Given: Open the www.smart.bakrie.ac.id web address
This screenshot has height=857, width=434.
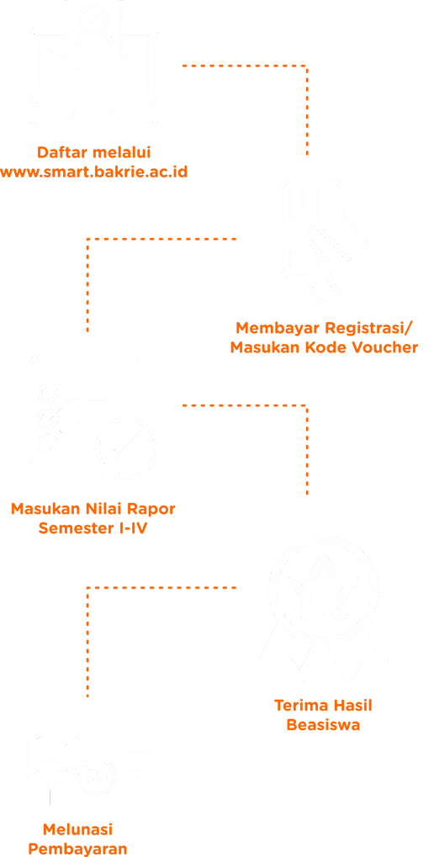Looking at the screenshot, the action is tap(93, 172).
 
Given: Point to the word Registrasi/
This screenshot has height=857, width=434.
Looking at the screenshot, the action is tap(369, 328).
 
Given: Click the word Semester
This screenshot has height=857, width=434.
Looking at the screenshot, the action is tap(77, 529).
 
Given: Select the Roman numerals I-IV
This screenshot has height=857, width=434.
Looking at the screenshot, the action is tap(135, 529).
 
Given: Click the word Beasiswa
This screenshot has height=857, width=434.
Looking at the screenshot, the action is tap(323, 726).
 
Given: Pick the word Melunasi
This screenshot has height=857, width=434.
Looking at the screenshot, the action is tap(77, 829).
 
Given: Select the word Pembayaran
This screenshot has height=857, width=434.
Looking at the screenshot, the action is tap(77, 849).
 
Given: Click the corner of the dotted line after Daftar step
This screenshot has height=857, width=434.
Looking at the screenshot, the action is tap(307, 66).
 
